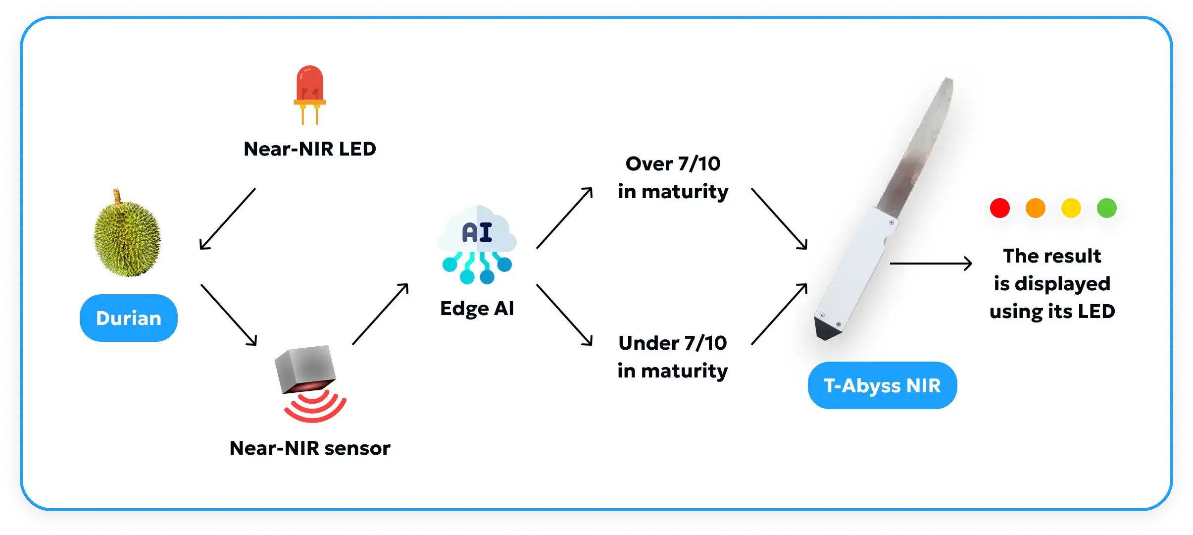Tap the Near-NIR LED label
point(310,149)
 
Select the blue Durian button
point(129,318)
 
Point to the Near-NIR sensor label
point(310,448)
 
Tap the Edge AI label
point(477,309)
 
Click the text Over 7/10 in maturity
point(673,177)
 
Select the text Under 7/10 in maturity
point(673,357)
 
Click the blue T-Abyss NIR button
point(882,385)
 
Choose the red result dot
point(1000,208)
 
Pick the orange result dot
point(1036,208)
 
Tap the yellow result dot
point(1071,208)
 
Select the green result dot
point(1107,208)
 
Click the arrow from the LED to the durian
point(227,218)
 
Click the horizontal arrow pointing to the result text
point(931,264)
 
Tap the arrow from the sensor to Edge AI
point(380,314)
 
